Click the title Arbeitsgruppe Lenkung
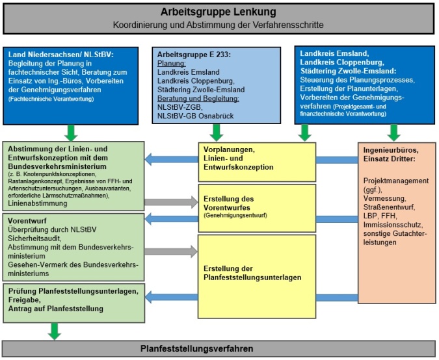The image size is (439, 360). [x=219, y=12]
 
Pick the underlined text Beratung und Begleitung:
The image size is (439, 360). [x=201, y=98]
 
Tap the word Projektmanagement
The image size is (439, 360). [x=395, y=180]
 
